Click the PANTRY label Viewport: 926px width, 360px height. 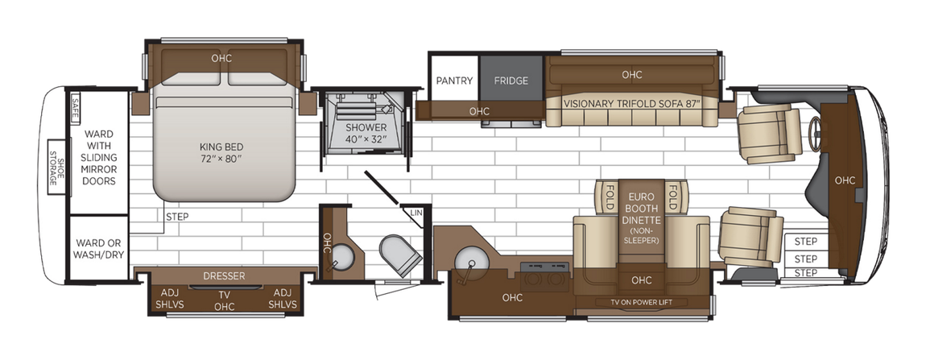pyautogui.click(x=454, y=81)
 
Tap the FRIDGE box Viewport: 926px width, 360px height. pyautogui.click(x=511, y=81)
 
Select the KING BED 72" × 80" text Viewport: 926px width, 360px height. pyautogui.click(x=221, y=152)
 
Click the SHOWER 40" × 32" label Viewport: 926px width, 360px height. pyautogui.click(x=366, y=134)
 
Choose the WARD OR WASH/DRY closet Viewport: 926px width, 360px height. pyautogui.click(x=99, y=248)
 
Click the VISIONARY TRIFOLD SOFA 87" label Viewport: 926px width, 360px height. pyautogui.click(x=633, y=104)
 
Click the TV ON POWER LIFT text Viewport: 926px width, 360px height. pyautogui.click(x=641, y=302)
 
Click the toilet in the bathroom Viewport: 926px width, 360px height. pyautogui.click(x=400, y=254)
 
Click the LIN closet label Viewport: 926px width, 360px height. pyautogui.click(x=415, y=213)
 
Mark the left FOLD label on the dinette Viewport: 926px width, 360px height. pyautogui.click(x=609, y=195)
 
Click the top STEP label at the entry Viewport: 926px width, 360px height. pyautogui.click(x=805, y=242)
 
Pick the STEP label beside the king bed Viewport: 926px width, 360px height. pyautogui.click(x=177, y=217)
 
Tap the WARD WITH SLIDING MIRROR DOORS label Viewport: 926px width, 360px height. pyautogui.click(x=99, y=157)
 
